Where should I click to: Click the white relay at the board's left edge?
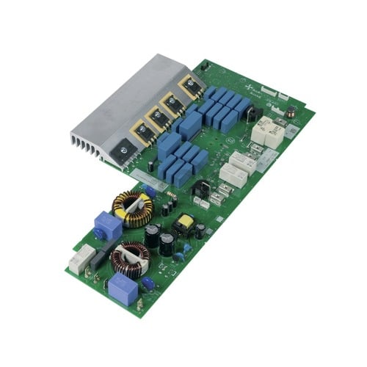pos(81,258)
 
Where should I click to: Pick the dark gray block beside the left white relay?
pos(101,254)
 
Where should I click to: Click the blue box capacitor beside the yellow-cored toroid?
pos(107,226)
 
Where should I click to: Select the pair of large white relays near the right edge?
pos(264,132)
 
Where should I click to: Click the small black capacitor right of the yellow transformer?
pos(200,230)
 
